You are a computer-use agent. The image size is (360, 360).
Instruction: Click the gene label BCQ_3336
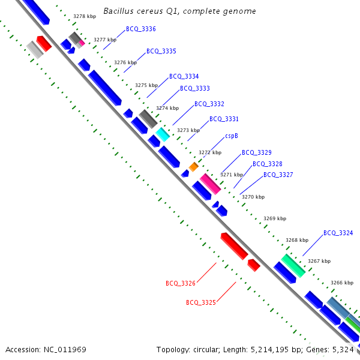click(141, 29)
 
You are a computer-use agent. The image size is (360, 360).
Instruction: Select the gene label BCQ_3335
click(161, 52)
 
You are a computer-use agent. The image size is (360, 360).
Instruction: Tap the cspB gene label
click(232, 136)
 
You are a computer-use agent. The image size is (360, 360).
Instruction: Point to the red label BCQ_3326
click(181, 283)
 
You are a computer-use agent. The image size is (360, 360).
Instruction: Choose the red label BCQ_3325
click(201, 302)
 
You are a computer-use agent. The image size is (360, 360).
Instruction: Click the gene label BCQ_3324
click(338, 233)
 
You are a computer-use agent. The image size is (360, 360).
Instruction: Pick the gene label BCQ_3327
click(278, 175)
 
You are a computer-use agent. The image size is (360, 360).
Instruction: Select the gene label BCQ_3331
click(224, 119)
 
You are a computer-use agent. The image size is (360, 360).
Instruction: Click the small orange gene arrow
click(193, 166)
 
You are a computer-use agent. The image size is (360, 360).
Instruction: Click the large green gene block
click(293, 265)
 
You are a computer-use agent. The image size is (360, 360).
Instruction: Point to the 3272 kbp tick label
click(211, 152)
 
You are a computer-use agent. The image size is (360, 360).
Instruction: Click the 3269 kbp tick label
click(275, 219)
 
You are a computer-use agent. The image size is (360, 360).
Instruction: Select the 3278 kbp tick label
click(84, 17)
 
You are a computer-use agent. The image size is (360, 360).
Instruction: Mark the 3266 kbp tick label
click(342, 283)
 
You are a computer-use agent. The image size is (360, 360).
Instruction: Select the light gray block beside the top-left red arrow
click(35, 49)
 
